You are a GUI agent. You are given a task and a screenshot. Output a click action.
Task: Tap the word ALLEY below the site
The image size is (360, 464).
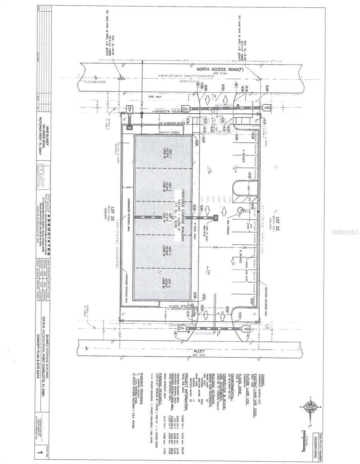(198, 351)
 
